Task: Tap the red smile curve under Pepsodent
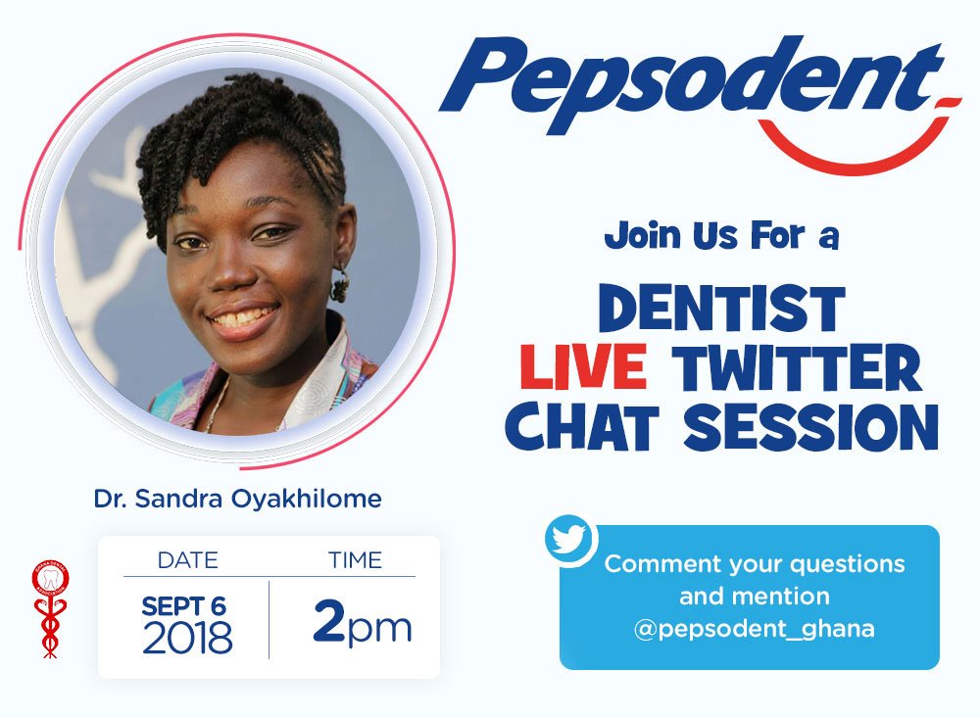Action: coord(862,147)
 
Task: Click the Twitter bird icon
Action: coord(570,540)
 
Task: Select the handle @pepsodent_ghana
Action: coord(755,628)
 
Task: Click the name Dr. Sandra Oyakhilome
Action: coord(237,499)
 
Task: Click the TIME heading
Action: coord(355,561)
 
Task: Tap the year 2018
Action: coord(187,639)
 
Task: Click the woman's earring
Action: coord(340,285)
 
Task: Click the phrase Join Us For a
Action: coord(721,236)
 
